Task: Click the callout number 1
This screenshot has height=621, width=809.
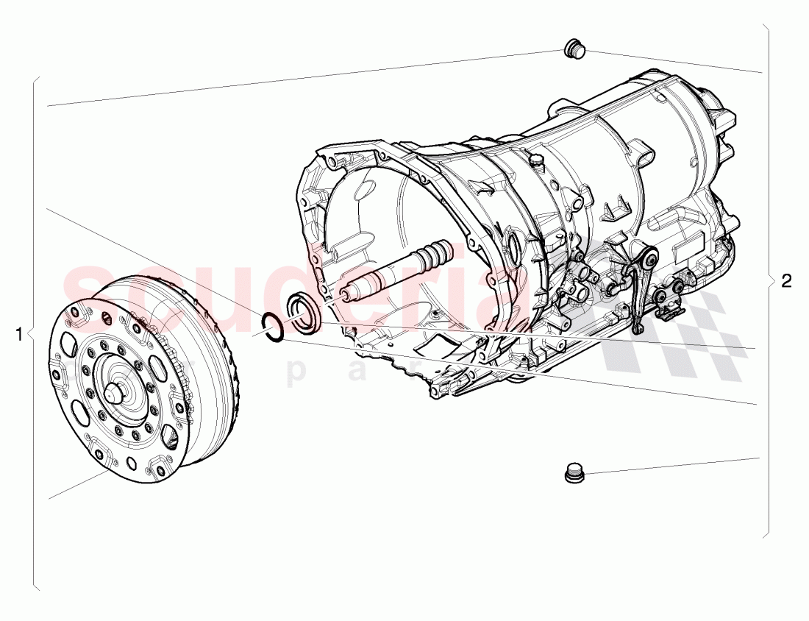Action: [x=19, y=334]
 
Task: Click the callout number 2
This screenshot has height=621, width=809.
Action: [x=787, y=280]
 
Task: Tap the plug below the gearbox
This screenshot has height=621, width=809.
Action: [x=574, y=473]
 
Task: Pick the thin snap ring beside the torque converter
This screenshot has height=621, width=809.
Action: [x=273, y=326]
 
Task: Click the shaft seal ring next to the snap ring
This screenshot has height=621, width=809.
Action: [x=303, y=313]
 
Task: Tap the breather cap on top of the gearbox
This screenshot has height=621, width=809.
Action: [x=535, y=160]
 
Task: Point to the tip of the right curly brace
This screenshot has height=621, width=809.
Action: [x=774, y=280]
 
